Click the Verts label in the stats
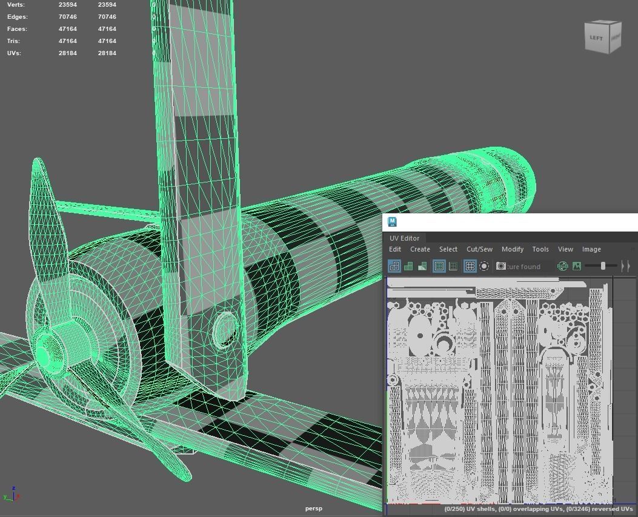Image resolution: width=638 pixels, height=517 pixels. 16,5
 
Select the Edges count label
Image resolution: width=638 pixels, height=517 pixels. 18,17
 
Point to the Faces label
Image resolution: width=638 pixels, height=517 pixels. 18,29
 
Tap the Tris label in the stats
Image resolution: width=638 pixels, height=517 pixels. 14,41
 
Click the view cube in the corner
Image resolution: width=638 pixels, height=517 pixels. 603,38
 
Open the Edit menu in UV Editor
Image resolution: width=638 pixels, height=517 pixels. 395,249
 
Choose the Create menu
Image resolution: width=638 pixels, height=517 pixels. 420,249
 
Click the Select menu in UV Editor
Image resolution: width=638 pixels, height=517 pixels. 448,249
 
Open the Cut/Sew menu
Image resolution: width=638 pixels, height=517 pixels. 479,249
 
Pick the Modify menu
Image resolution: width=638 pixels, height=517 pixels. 512,249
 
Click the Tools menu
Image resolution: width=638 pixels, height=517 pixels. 540,249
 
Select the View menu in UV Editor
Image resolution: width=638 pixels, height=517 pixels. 565,249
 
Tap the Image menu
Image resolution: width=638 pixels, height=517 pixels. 591,249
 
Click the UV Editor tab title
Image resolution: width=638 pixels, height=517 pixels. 404,238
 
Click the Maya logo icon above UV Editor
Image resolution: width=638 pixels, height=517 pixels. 392,222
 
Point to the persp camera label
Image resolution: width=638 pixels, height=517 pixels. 314,509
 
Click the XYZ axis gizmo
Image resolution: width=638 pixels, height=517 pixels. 12,495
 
